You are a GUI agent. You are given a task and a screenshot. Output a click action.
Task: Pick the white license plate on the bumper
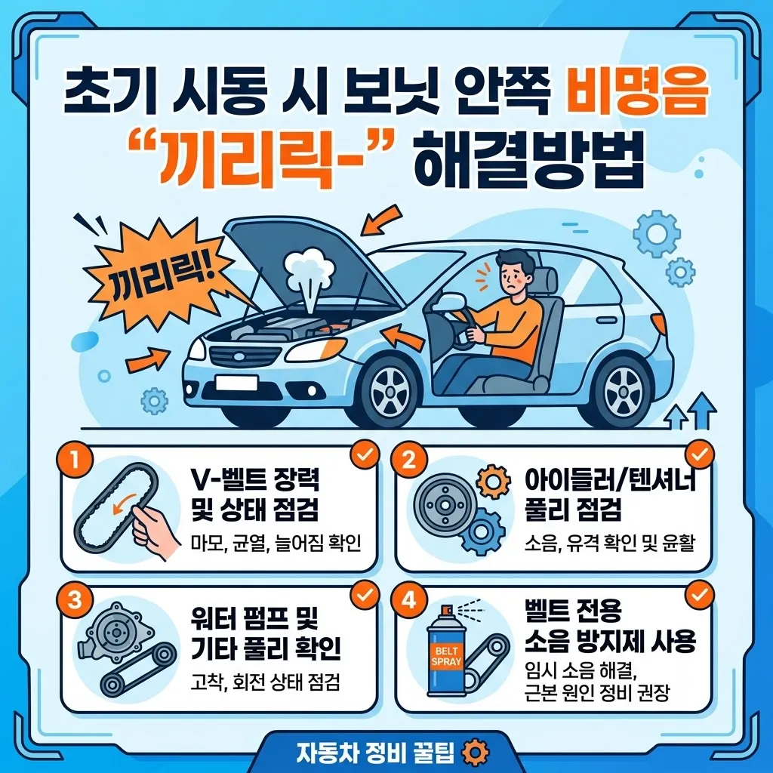(236, 383)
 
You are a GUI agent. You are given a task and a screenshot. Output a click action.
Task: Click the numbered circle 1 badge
(75, 460)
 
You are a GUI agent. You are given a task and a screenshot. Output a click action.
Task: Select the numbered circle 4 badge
(409, 601)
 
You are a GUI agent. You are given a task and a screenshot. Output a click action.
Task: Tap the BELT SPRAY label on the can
(447, 656)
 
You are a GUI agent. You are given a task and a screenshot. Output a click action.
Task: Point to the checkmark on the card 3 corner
(365, 596)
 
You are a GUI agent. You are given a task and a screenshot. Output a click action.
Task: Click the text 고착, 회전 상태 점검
(265, 682)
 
